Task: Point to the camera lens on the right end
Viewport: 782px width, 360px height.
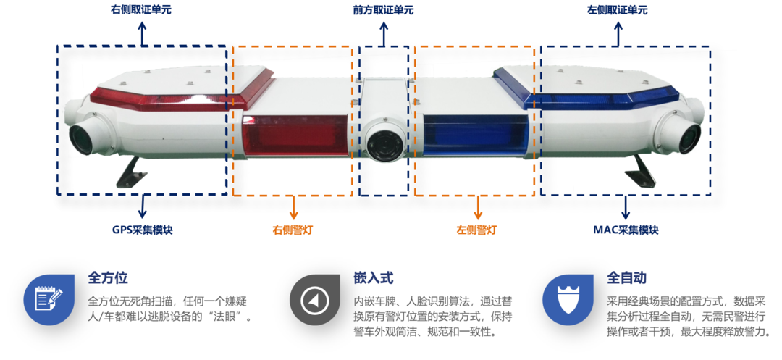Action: [x=685, y=136]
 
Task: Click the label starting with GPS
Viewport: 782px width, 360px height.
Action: [x=143, y=230]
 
